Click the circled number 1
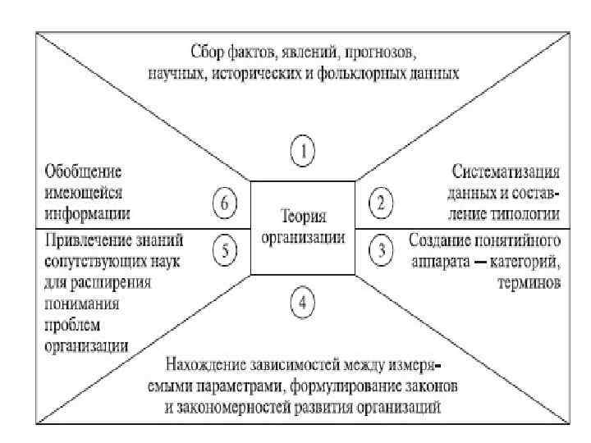pos(303,153)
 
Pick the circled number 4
pos(303,303)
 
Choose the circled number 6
pos(225,202)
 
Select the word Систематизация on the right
pos(506,174)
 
